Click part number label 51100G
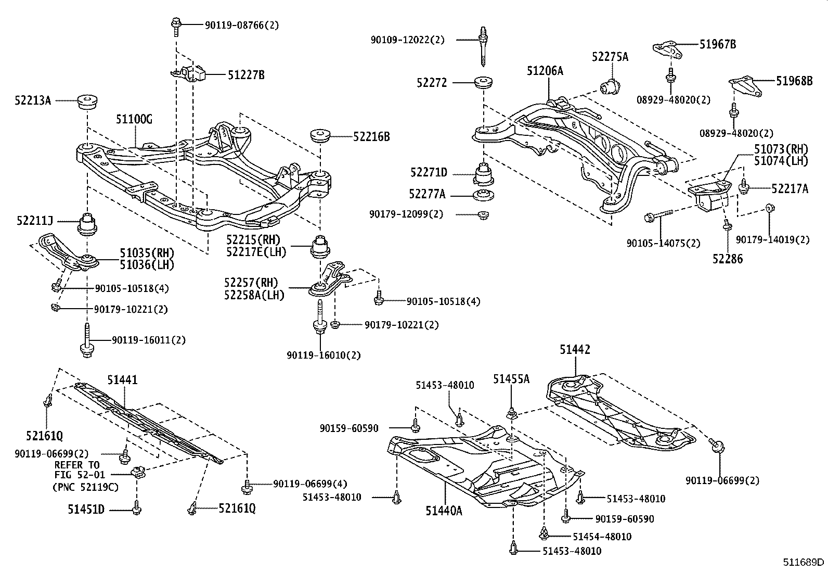134,120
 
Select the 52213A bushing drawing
88,102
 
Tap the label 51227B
246,75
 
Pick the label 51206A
545,71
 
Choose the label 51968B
794,81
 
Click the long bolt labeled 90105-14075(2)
658,215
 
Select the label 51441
123,380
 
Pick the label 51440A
444,511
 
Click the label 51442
575,350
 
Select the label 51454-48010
602,537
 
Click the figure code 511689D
804,563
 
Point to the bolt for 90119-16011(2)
86,341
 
